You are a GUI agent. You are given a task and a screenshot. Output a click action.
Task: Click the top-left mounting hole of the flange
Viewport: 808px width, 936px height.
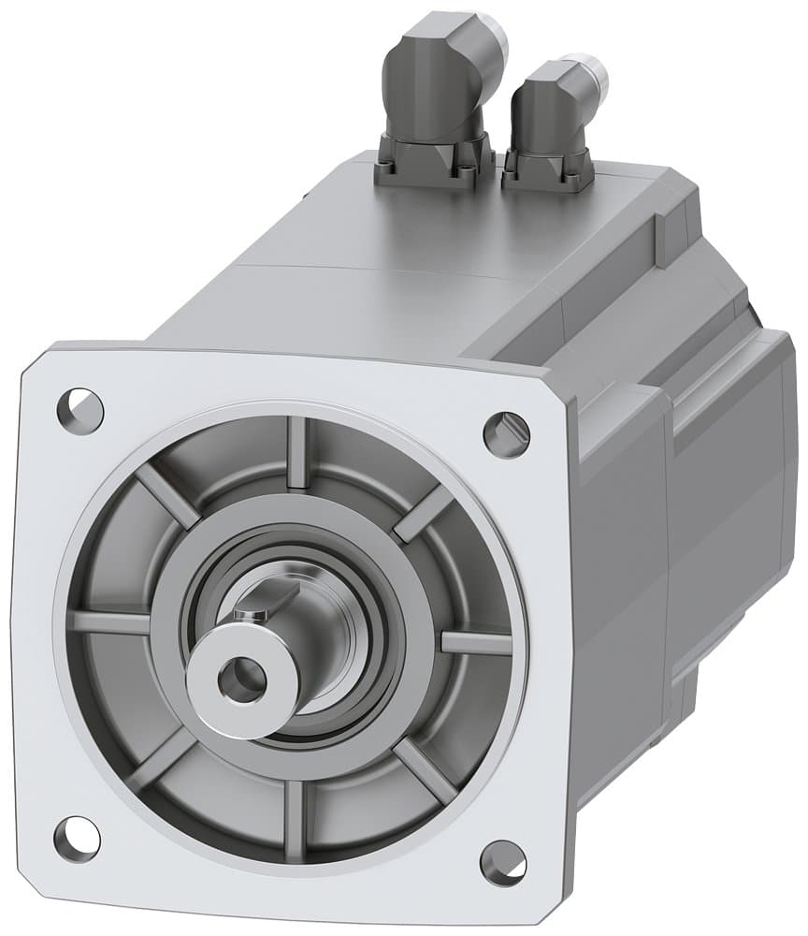(x=79, y=407)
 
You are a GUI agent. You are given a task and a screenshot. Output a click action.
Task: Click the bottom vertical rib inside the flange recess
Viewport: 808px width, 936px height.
(x=295, y=807)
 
